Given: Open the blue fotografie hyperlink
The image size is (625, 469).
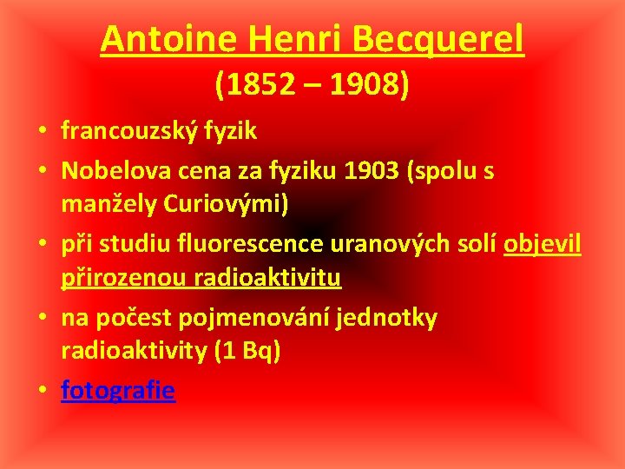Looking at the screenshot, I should [x=118, y=392].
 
